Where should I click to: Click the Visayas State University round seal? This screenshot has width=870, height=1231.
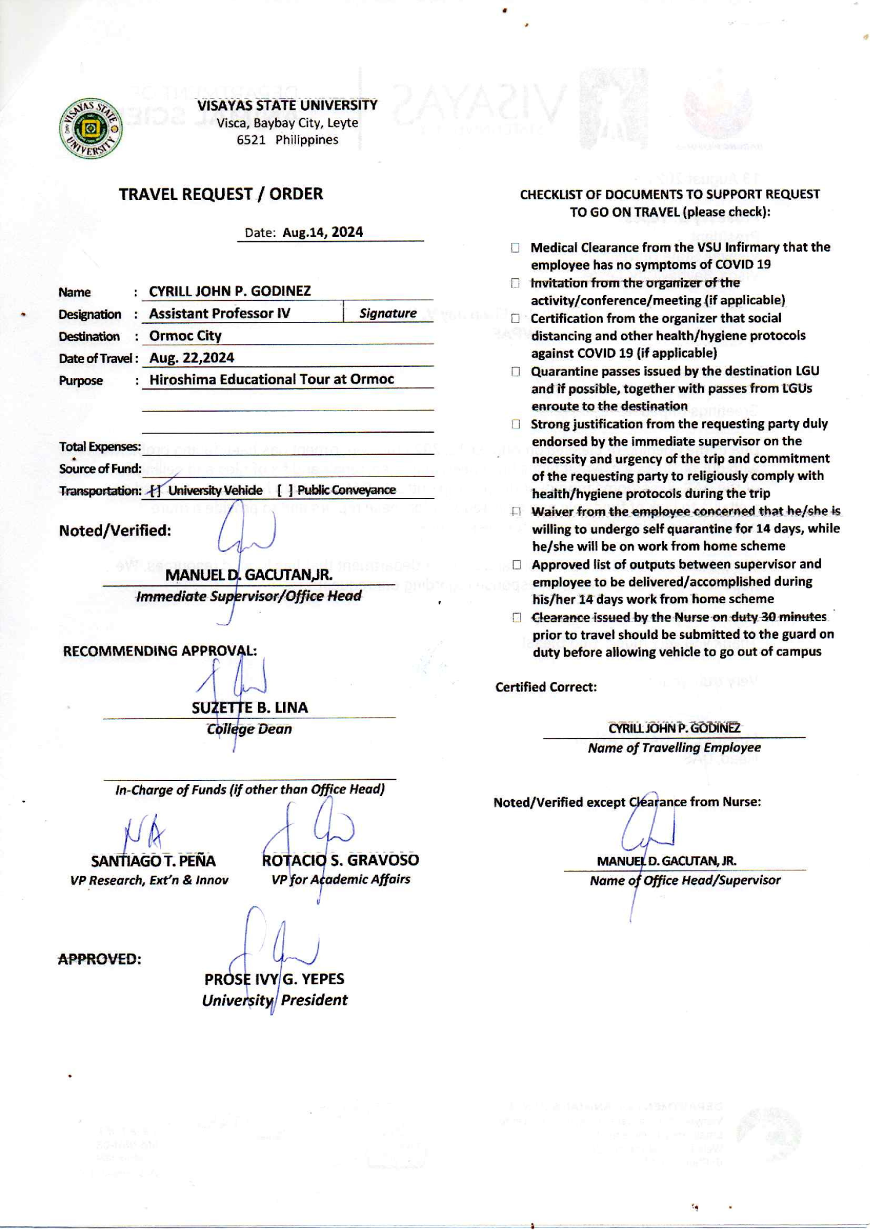tap(90, 129)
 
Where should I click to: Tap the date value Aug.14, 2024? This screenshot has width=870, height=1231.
tap(322, 233)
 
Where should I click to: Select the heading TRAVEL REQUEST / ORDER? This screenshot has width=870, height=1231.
tap(221, 194)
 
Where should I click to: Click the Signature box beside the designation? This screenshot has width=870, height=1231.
tap(388, 313)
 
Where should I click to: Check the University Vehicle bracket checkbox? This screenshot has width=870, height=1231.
tap(156, 491)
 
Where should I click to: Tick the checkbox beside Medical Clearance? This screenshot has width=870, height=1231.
tap(515, 248)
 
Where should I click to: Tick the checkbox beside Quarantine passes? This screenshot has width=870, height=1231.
tap(516, 372)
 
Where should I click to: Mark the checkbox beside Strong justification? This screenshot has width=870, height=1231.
tap(516, 425)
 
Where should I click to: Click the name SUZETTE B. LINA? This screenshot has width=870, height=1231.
tap(249, 708)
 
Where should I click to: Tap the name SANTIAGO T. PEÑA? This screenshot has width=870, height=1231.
tap(153, 861)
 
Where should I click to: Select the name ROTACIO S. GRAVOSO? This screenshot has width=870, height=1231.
tap(340, 860)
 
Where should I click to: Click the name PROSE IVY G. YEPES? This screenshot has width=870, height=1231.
tap(274, 979)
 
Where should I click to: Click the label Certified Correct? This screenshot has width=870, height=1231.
tap(546, 688)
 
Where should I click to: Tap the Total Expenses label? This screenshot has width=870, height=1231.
tap(100, 447)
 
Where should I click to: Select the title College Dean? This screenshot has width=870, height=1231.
tap(249, 729)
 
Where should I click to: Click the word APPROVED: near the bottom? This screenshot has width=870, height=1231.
tap(100, 960)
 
